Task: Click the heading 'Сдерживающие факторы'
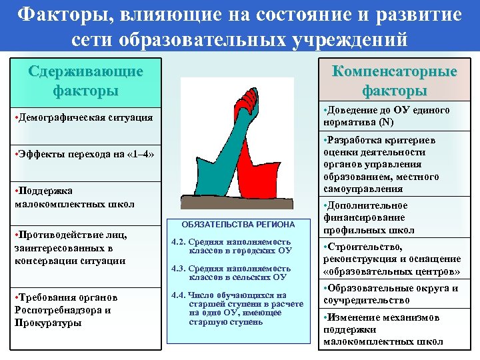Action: point(86,79)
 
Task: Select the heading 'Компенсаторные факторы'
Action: point(395,80)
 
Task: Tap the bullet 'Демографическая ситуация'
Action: point(83,118)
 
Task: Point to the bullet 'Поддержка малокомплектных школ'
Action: point(74,197)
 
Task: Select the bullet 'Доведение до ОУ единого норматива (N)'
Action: point(386,116)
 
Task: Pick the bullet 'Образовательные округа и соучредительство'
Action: point(391,294)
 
